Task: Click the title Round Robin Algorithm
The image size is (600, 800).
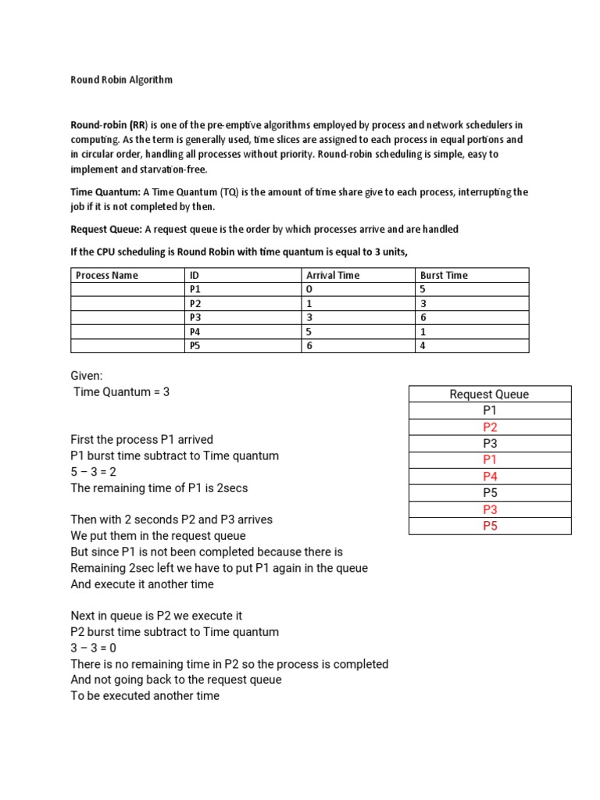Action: coord(121,80)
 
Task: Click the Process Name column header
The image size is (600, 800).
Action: coord(106,275)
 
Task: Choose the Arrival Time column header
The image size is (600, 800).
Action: coord(333,275)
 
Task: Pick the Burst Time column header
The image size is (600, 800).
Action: coord(444,275)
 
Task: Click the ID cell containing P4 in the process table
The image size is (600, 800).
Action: coord(195,331)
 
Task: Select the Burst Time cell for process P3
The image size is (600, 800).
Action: coord(423,317)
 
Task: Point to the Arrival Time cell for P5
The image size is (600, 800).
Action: coord(309,345)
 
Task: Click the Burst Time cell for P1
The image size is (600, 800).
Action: coord(423,289)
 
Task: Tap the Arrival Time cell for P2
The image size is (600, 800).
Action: coord(309,303)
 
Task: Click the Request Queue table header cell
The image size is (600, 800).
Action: coord(489,395)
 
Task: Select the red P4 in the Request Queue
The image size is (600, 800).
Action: coord(489,477)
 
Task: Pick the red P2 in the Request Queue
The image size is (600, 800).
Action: coord(489,427)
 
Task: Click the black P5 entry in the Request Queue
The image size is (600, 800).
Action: coord(489,493)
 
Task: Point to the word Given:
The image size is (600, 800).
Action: coord(87,376)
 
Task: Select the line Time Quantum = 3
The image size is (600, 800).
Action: coord(121,392)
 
